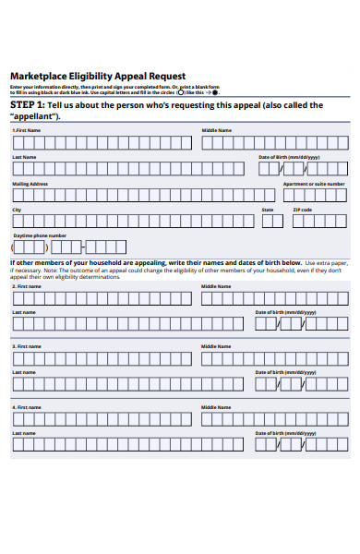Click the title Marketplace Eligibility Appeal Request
(98, 76)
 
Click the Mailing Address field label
(30, 184)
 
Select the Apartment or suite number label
(315, 184)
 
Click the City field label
(17, 210)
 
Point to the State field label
(268, 210)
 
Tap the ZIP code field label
(303, 210)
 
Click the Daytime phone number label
(39, 235)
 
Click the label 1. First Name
(27, 130)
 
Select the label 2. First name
(27, 287)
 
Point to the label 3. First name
(27, 346)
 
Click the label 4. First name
(27, 406)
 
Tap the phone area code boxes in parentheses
(28, 247)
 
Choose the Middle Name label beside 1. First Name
(217, 130)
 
